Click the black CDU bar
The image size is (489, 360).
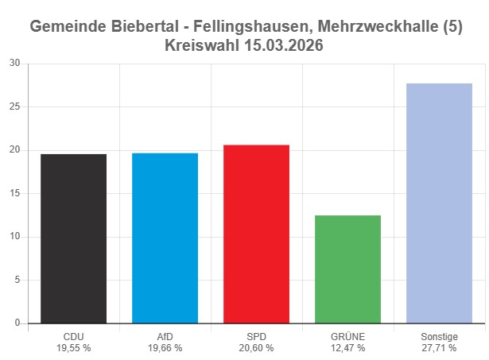73,238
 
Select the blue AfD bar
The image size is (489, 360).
165,238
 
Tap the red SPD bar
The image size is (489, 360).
256,234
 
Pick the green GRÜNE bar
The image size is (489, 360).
347,269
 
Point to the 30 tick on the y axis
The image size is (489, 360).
14,64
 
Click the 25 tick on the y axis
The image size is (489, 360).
14,106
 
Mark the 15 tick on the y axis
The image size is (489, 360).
14,193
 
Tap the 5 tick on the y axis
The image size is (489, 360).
17,280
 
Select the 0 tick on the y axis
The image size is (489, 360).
17,323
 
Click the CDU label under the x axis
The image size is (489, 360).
73,336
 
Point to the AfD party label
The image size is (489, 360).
165,336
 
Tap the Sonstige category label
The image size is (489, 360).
439,336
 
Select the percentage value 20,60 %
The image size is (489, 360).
256,347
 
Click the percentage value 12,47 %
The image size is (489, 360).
347,347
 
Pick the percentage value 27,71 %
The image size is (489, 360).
439,347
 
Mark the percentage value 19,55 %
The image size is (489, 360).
73,347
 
